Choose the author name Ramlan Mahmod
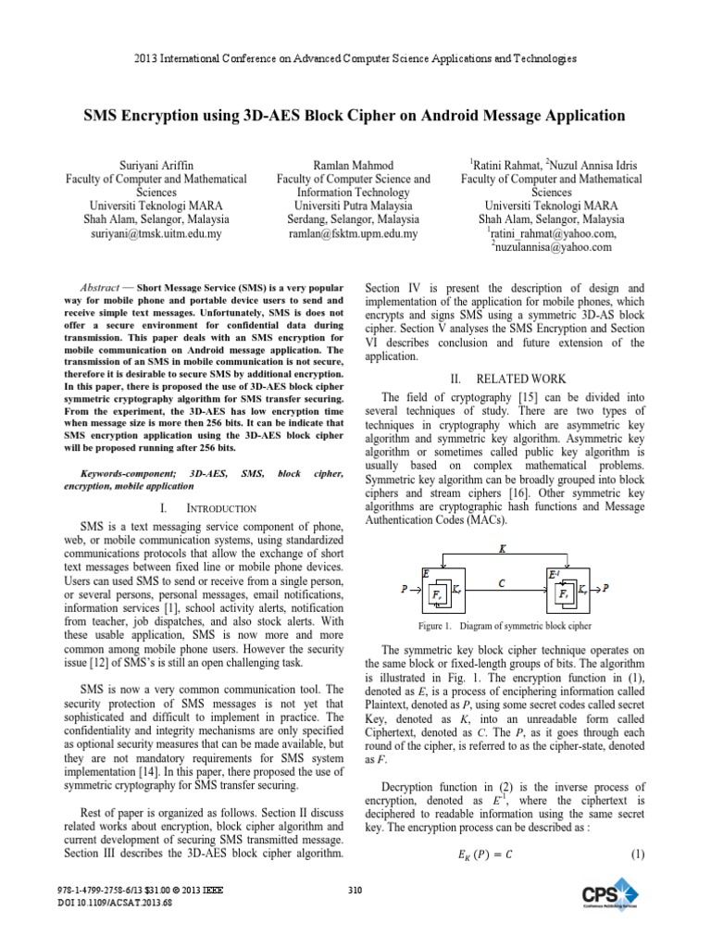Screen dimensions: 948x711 click(x=354, y=162)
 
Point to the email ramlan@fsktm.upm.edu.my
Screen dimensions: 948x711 click(x=354, y=234)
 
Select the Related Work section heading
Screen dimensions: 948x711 click(x=505, y=380)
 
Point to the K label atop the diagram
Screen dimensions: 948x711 click(x=503, y=548)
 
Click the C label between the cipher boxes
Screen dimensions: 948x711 click(x=500, y=584)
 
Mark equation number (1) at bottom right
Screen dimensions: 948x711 click(x=637, y=854)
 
